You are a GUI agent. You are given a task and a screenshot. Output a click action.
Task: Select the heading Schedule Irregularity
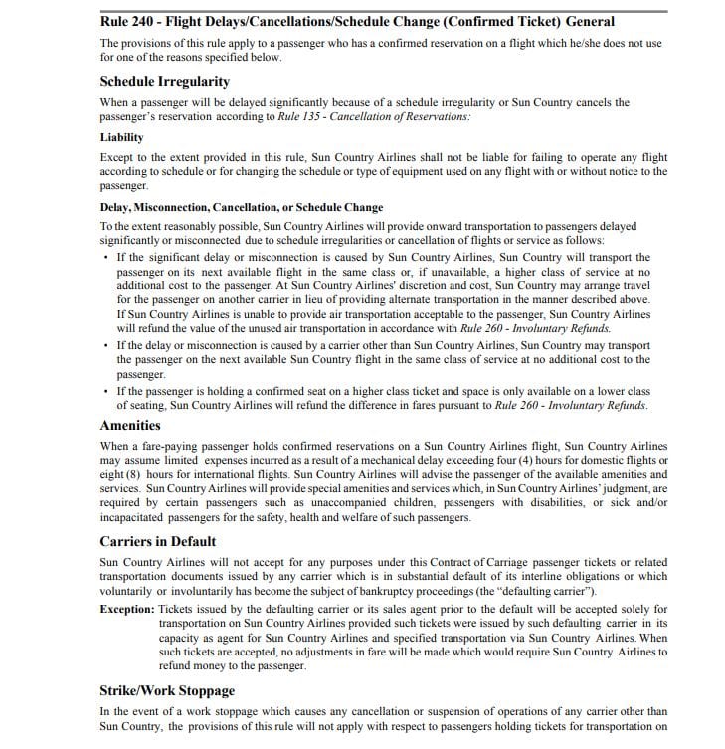[164, 81]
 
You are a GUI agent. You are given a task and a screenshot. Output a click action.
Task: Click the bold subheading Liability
[121, 137]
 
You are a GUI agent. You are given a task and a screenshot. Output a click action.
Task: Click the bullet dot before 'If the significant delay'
[106, 258]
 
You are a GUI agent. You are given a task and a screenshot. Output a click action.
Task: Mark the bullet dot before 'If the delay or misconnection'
[106, 345]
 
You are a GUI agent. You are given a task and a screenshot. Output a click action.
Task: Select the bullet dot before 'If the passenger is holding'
[106, 392]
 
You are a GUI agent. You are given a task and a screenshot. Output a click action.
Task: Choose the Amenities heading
[130, 425]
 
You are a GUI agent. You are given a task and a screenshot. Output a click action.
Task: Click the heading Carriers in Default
[158, 542]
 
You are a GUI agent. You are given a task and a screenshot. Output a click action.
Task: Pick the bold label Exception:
[127, 608]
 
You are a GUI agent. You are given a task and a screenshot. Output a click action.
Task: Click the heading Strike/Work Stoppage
[167, 690]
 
